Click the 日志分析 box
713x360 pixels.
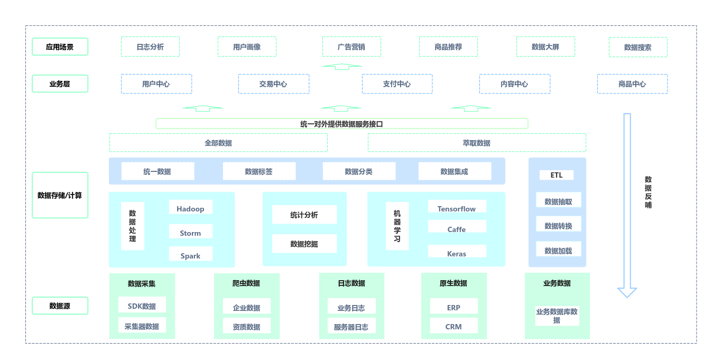coord(150,47)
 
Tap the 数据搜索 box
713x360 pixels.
coord(638,47)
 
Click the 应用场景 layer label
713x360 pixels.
coord(60,47)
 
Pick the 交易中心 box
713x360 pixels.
coord(273,84)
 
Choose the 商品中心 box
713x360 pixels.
coord(632,84)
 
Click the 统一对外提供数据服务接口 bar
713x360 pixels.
coord(341,124)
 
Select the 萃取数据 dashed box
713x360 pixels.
coord(477,143)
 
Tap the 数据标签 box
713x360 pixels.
coord(259,171)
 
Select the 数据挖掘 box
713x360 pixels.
coord(304,244)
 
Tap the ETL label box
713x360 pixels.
coord(557,175)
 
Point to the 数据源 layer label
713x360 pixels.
coord(60,306)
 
